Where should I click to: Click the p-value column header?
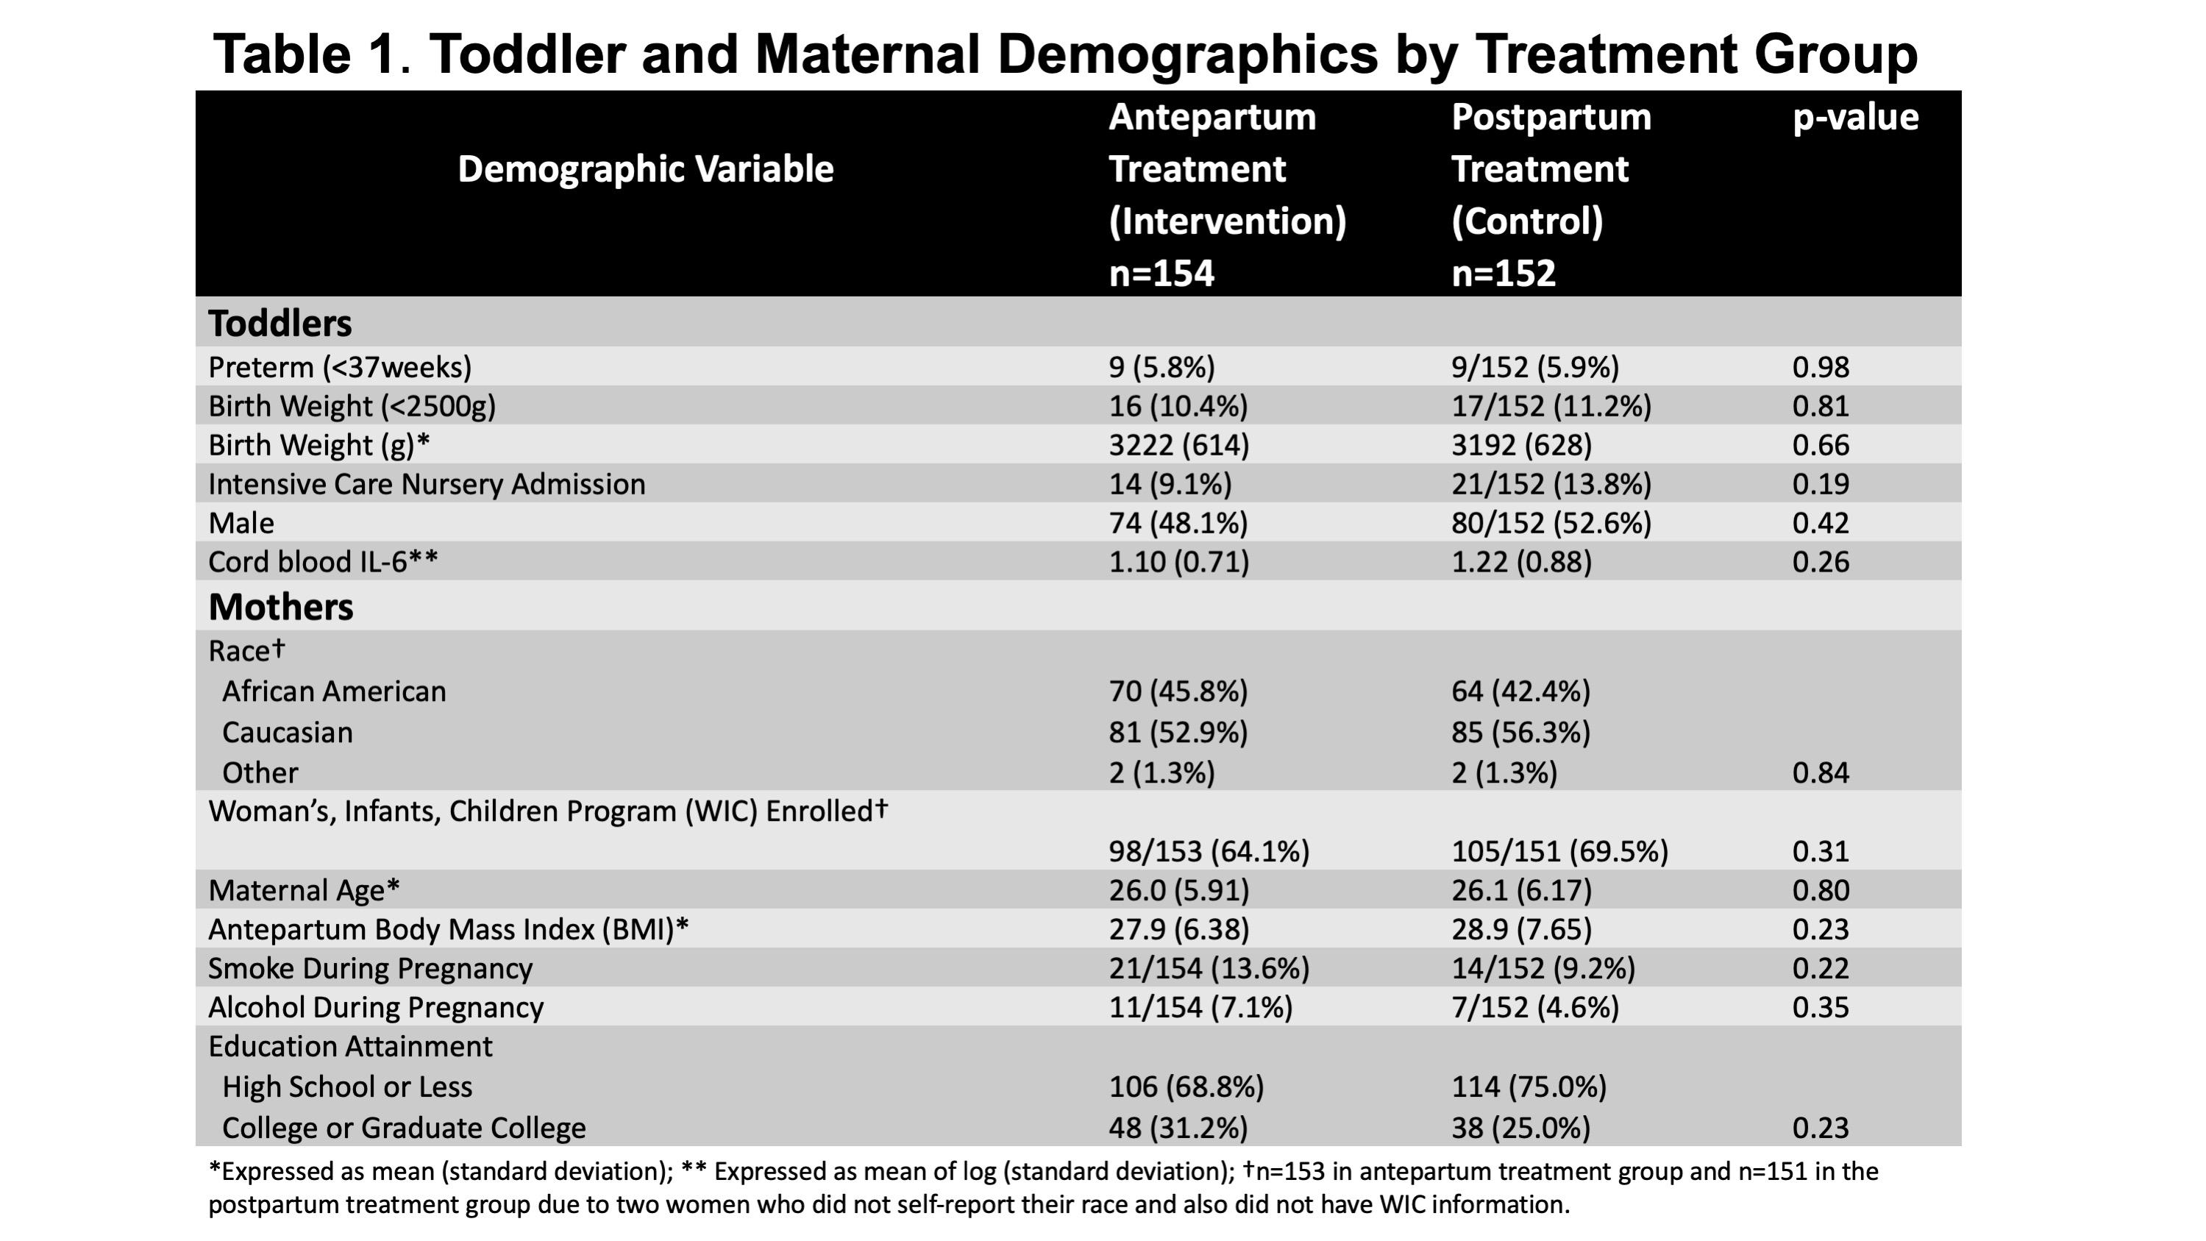(1856, 118)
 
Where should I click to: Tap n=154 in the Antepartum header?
(1161, 273)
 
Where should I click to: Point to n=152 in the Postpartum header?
(1503, 273)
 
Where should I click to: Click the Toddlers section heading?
(280, 323)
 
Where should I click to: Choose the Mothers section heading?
(281, 606)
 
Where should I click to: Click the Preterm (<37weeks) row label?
(340, 367)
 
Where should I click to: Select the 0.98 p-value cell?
(1821, 367)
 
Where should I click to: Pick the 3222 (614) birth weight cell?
(1179, 445)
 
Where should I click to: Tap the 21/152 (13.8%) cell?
(1551, 485)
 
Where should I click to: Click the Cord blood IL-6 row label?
(323, 562)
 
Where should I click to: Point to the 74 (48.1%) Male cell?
(1178, 523)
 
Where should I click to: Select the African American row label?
(334, 691)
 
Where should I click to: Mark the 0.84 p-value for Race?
(1821, 773)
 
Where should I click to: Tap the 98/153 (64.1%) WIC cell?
(1209, 851)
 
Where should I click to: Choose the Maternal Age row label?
(304, 891)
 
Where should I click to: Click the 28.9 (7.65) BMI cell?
(1522, 929)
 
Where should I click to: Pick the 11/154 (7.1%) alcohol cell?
(1200, 1007)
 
